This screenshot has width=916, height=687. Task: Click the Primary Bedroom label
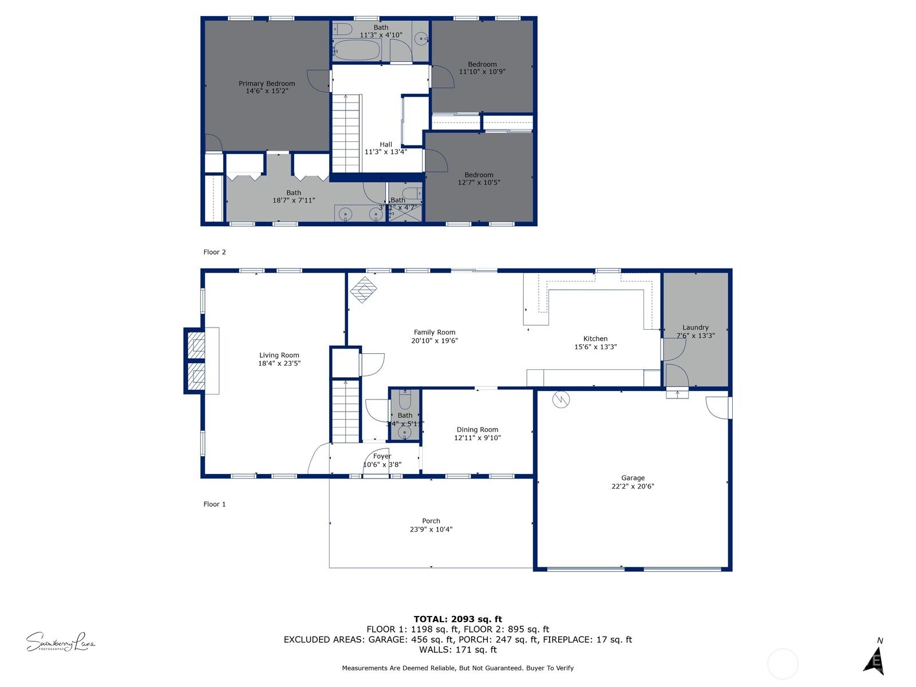pyautogui.click(x=267, y=84)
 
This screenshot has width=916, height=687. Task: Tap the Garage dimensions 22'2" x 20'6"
pyautogui.click(x=633, y=487)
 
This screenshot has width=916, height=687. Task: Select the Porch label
pyautogui.click(x=431, y=521)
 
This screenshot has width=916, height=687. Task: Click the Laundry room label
pyautogui.click(x=696, y=327)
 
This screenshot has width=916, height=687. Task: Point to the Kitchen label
pyautogui.click(x=595, y=338)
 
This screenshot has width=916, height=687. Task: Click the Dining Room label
pyautogui.click(x=477, y=429)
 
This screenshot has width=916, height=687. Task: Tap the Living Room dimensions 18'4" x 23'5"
pyautogui.click(x=279, y=363)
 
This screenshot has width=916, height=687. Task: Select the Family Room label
pyautogui.click(x=435, y=332)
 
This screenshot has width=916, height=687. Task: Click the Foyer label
pyautogui.click(x=382, y=456)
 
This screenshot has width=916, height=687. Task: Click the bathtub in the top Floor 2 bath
pyautogui.click(x=356, y=50)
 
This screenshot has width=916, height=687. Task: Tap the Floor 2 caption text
pyautogui.click(x=215, y=252)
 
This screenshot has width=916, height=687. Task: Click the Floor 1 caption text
pyautogui.click(x=215, y=504)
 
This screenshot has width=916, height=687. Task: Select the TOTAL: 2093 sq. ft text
pyautogui.click(x=458, y=619)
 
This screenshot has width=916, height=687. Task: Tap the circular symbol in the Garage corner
pyautogui.click(x=561, y=399)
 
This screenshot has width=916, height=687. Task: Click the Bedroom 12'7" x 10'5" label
pyautogui.click(x=479, y=175)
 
